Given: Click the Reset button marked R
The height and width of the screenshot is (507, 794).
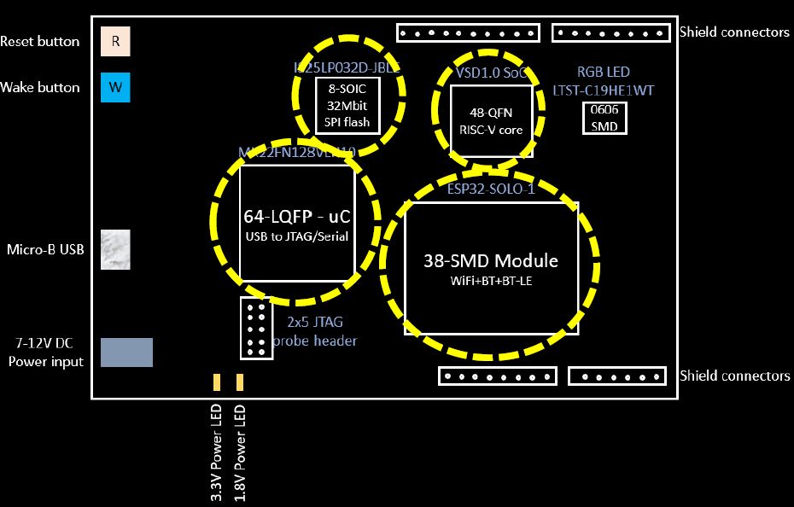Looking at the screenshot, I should coord(115,42).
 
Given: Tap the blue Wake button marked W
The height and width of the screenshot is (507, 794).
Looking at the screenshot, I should coord(115,87).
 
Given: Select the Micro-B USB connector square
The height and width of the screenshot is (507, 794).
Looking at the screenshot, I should coord(115,250).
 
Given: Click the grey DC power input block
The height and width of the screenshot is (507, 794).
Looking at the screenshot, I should coord(126,353).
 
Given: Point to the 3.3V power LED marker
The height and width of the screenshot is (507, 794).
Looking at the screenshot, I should coord(217,382).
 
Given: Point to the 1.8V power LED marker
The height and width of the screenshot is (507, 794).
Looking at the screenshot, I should coord(240,382).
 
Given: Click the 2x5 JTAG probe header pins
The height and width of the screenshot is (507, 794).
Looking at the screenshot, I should coord(256,328).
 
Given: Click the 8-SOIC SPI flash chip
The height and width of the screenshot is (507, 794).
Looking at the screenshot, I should coord(347,106).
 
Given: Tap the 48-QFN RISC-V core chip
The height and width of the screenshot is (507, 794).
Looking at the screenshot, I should coord(491,120).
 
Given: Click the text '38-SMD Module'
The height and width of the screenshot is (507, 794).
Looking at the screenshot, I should coord(491,260).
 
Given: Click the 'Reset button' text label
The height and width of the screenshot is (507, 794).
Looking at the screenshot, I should coord(40,42).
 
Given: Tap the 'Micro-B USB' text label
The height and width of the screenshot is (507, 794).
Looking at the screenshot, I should coord(45,250).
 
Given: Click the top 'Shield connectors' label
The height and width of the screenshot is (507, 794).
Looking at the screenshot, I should coord(734,32).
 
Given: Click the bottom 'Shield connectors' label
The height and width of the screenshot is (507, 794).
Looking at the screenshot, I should coord(734,376).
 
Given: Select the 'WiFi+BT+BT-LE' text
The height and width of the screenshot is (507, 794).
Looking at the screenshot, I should coord(491,280).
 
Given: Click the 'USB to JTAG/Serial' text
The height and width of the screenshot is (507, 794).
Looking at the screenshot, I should coord(296,236).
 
